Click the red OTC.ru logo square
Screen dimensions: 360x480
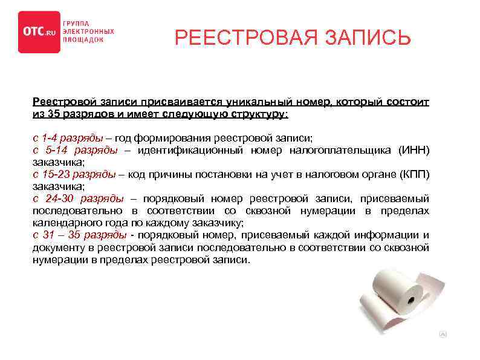(x=39, y=32)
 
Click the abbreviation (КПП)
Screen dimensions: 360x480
(x=414, y=175)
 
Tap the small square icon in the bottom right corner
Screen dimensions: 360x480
(x=443, y=333)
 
